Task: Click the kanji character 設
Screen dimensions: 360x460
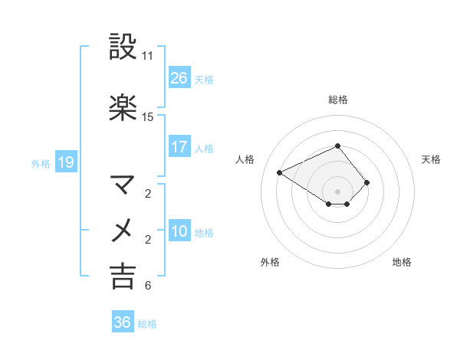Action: pos(123,47)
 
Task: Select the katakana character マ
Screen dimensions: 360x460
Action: pos(123,185)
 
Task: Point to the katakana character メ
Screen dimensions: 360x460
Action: pos(123,230)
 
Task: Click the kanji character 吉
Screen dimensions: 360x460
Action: pos(123,276)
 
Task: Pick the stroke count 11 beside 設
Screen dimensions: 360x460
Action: pos(148,56)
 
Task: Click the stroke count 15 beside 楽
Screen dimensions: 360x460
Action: pos(148,117)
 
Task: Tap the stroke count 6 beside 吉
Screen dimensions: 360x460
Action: pos(148,286)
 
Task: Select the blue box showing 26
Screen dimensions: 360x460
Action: pos(179,78)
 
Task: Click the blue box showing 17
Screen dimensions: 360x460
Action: pos(179,147)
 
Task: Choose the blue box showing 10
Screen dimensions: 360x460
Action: pos(179,231)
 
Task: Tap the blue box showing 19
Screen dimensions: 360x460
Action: pos(66,162)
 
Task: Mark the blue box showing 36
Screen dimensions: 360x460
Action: pos(123,322)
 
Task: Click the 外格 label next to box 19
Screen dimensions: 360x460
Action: pos(41,163)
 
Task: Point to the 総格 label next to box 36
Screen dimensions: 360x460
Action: pos(147,324)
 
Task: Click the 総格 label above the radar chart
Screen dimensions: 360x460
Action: pos(337,100)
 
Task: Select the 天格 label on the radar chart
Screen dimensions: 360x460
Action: pos(432,159)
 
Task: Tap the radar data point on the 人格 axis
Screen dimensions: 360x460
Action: pos(280,172)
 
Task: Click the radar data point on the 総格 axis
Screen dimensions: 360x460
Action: pos(337,146)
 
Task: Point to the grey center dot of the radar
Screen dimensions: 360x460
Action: pos(337,191)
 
